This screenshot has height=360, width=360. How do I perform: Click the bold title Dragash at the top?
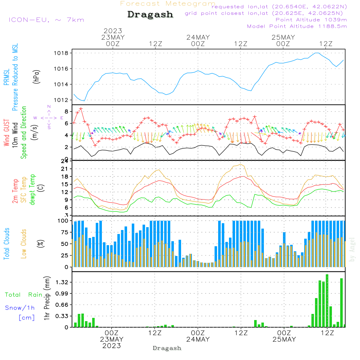[x=150, y=14]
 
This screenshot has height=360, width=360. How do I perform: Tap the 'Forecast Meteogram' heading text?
[x=168, y=4]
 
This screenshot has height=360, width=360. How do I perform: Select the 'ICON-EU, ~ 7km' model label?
[x=46, y=19]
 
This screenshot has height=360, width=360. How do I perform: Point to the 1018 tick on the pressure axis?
[x=62, y=53]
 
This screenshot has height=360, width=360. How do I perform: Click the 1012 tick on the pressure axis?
[x=62, y=100]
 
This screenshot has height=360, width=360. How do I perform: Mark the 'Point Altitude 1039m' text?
[x=311, y=19]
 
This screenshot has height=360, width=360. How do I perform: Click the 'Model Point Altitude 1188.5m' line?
[x=297, y=26]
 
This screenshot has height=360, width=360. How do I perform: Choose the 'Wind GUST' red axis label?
[x=6, y=133]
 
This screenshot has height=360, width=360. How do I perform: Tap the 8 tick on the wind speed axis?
[x=67, y=111]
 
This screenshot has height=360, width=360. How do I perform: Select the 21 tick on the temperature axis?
[x=65, y=169]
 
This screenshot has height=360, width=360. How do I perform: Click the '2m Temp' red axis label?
[x=15, y=191]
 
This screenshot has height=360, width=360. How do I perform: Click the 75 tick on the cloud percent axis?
[x=65, y=232]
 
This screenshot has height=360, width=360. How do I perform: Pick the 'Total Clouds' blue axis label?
[x=6, y=244]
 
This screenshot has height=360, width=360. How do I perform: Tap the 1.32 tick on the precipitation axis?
[x=62, y=282]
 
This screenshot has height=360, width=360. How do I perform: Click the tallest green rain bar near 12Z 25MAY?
[x=327, y=301]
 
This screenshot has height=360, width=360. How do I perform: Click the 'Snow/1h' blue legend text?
[x=20, y=308]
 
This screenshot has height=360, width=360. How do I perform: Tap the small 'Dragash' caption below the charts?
[x=167, y=348]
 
